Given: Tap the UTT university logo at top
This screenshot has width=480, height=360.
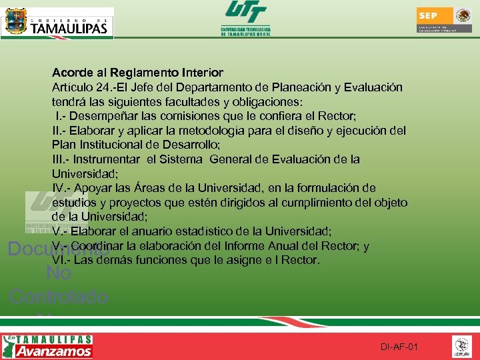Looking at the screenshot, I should (245, 18).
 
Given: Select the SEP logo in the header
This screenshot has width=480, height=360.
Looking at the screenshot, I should (445, 21).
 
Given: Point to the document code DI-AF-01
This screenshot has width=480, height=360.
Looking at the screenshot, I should (399, 347).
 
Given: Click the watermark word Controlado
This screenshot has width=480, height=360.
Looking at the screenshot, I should (59, 296).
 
